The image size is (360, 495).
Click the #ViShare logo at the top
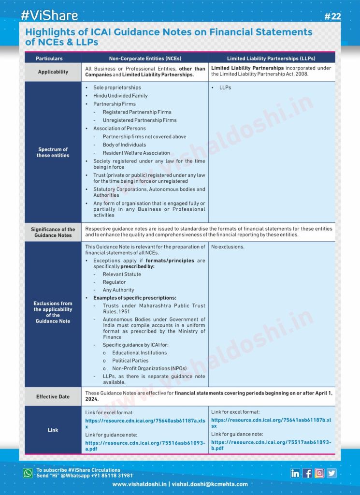pyautogui.click(x=49, y=15)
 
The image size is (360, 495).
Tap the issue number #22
pyautogui.click(x=332, y=16)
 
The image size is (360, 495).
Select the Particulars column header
pyautogui.click(x=49, y=58)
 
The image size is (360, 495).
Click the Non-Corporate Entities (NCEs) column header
pyautogui.click(x=145, y=58)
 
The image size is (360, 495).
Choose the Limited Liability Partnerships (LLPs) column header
pyautogui.click(x=271, y=58)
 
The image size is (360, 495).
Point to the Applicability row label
pyautogui.click(x=53, y=72)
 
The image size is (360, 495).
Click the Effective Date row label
pyautogui.click(x=53, y=397)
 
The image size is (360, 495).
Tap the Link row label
pyautogui.click(x=53, y=430)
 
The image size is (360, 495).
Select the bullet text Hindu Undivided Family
pyautogui.click(x=120, y=96)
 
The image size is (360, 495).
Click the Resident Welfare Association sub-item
pyautogui.click(x=136, y=153)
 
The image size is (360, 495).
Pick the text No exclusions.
pyautogui.click(x=228, y=247)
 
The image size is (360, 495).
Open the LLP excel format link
pyautogui.click(x=271, y=423)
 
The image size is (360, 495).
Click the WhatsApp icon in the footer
pyautogui.click(x=28, y=473)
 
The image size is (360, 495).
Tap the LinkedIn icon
pyautogui.click(x=295, y=473)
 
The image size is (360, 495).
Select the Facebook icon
pyautogui.click(x=307, y=473)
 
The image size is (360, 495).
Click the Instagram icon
pyautogui.click(x=319, y=473)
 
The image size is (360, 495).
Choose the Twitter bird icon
pyautogui.click(x=331, y=473)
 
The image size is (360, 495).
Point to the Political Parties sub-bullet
pyautogui.click(x=130, y=361)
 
